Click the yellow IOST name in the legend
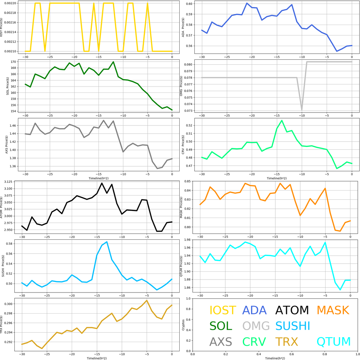coord(223,310)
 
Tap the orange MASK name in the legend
coord(333,310)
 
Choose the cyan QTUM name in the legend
coord(334,342)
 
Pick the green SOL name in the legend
coord(221,326)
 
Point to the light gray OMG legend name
coord(256,326)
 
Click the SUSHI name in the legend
coord(293,326)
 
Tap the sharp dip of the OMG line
coord(302,110)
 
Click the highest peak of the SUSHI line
coord(107,242)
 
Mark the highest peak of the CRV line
coord(282,121)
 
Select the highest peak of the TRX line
coord(147,301)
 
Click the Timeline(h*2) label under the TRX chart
coord(97,358)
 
